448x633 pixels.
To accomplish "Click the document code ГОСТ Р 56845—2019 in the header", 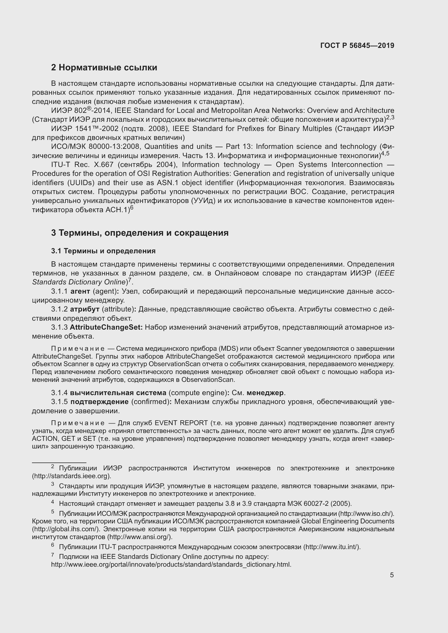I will point(357,45).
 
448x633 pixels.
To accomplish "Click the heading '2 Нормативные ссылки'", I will point(104,68).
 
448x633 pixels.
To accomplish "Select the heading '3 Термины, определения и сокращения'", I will point(139,233).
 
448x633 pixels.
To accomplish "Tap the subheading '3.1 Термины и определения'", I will point(103,251).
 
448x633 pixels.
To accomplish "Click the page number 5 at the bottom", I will point(392,575).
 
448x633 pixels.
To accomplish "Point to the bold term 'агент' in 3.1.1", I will point(80,291).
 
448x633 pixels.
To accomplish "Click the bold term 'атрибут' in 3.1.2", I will point(85,309).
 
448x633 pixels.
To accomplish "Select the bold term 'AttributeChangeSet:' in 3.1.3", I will point(106,327).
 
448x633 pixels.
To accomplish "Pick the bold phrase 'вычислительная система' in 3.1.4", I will point(118,393).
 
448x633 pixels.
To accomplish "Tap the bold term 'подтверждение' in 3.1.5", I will point(99,402).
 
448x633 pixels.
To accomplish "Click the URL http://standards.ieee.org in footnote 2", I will point(72,476).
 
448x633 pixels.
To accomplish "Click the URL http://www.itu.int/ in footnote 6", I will point(331,547).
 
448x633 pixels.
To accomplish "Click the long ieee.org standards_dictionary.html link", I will point(171,565).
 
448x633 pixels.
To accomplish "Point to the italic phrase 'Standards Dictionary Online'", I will point(79,282).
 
